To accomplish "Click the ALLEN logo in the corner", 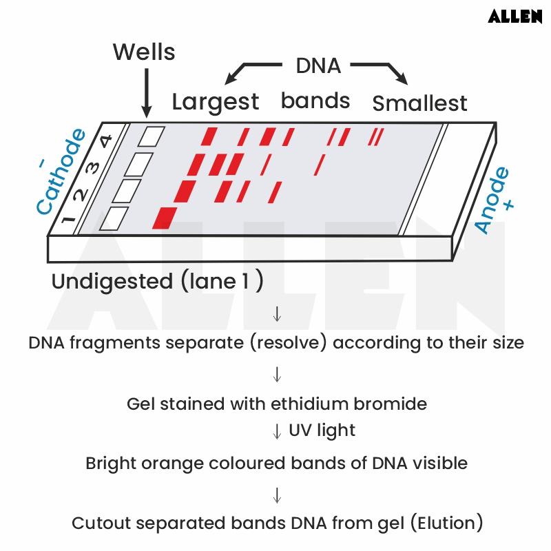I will click(x=514, y=16).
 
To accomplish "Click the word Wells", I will click(x=144, y=52).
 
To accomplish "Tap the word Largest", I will click(x=215, y=102).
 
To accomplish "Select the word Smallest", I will click(x=419, y=103).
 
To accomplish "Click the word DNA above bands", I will click(x=318, y=66).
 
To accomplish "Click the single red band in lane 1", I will click(x=165, y=216).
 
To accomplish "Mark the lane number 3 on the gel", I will click(x=92, y=167).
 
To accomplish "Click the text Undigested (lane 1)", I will click(x=157, y=282).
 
